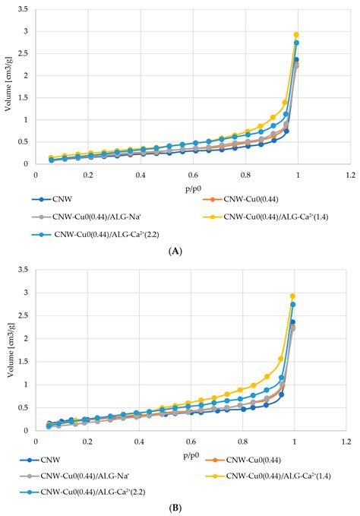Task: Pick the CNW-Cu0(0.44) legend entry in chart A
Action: click(248, 201)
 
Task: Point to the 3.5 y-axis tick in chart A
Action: click(24, 10)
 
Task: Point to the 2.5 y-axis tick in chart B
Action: click(24, 315)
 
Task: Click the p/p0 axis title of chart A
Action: click(193, 186)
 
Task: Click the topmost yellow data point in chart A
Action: click(296, 35)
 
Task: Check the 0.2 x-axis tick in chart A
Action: click(87, 175)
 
